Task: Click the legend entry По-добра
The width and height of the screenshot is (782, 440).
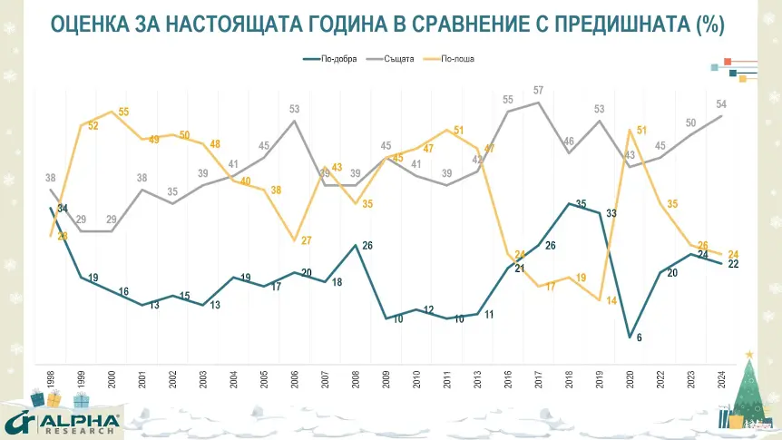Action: (x=337, y=60)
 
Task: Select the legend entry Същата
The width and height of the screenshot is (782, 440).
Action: (x=399, y=60)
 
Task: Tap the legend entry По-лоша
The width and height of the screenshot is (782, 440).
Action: (x=458, y=60)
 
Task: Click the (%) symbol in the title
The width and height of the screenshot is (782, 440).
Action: (x=708, y=24)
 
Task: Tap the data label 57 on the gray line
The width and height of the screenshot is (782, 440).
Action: (x=539, y=90)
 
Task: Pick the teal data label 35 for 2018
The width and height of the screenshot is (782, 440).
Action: (x=581, y=203)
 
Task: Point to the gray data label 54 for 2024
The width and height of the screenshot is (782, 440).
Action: (x=721, y=104)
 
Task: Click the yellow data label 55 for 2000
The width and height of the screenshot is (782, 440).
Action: (x=123, y=112)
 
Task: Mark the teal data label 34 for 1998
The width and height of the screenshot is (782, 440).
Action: (x=62, y=209)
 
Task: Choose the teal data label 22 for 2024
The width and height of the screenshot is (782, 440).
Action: (x=732, y=263)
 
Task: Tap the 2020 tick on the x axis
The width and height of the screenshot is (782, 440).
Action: (x=630, y=379)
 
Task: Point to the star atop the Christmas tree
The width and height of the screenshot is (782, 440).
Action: (x=748, y=354)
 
